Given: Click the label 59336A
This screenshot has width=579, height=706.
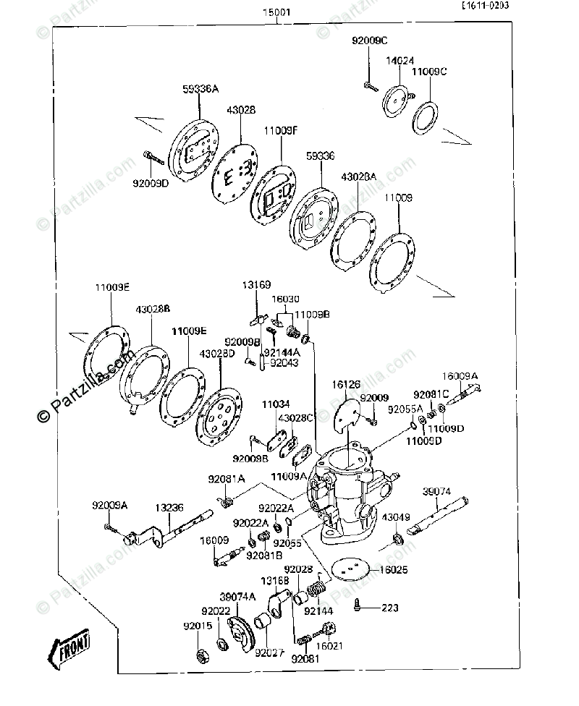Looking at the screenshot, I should (x=200, y=89).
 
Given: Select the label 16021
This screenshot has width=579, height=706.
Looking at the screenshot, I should (x=329, y=646).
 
